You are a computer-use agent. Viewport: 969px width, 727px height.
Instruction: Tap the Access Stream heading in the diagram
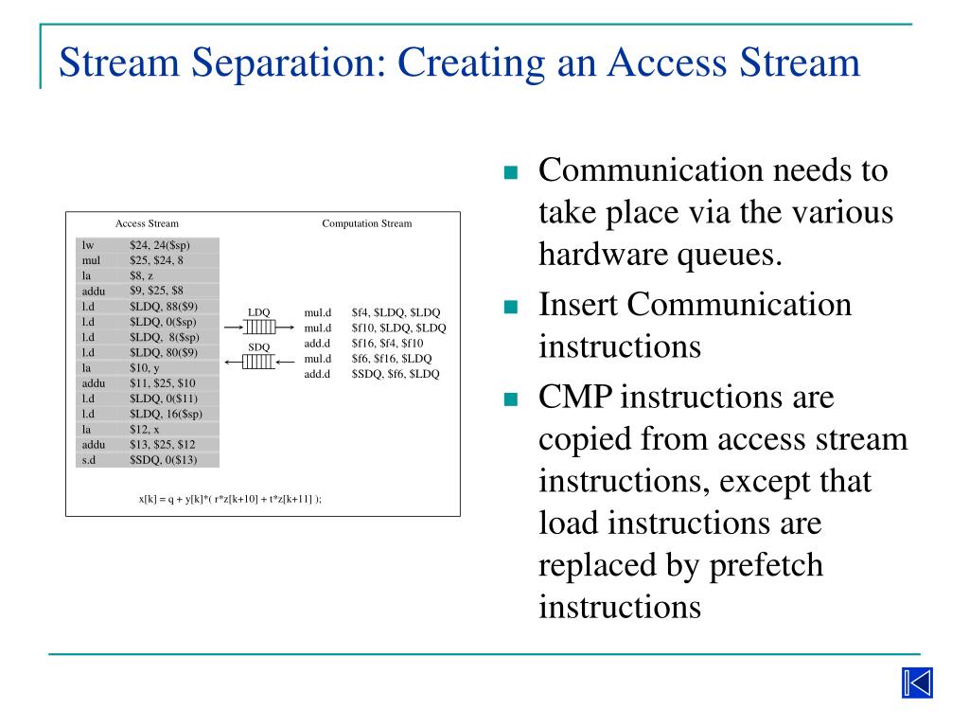(x=147, y=223)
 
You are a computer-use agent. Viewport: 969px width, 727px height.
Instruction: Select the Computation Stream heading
(x=366, y=223)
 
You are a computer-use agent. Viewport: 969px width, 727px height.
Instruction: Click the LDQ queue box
(x=259, y=327)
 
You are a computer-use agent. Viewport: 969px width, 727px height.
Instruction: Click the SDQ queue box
(x=259, y=361)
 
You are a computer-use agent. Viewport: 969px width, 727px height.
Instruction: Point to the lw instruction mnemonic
(x=88, y=245)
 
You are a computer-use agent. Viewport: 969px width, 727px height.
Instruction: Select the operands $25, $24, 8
(x=156, y=259)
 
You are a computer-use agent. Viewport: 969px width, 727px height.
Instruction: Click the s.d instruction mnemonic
(x=90, y=459)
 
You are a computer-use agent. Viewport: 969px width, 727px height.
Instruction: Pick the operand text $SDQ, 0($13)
(x=164, y=459)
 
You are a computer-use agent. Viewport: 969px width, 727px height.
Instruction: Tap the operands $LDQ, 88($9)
(x=164, y=306)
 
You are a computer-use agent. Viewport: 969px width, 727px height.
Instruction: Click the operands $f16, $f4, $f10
(x=387, y=343)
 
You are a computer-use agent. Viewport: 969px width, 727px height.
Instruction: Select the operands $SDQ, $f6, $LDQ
(x=395, y=374)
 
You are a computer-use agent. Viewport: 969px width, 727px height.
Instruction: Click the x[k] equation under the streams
(x=230, y=498)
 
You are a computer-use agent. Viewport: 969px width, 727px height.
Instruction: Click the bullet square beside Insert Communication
(x=512, y=307)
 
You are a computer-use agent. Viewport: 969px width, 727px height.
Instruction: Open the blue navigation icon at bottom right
(x=916, y=683)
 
